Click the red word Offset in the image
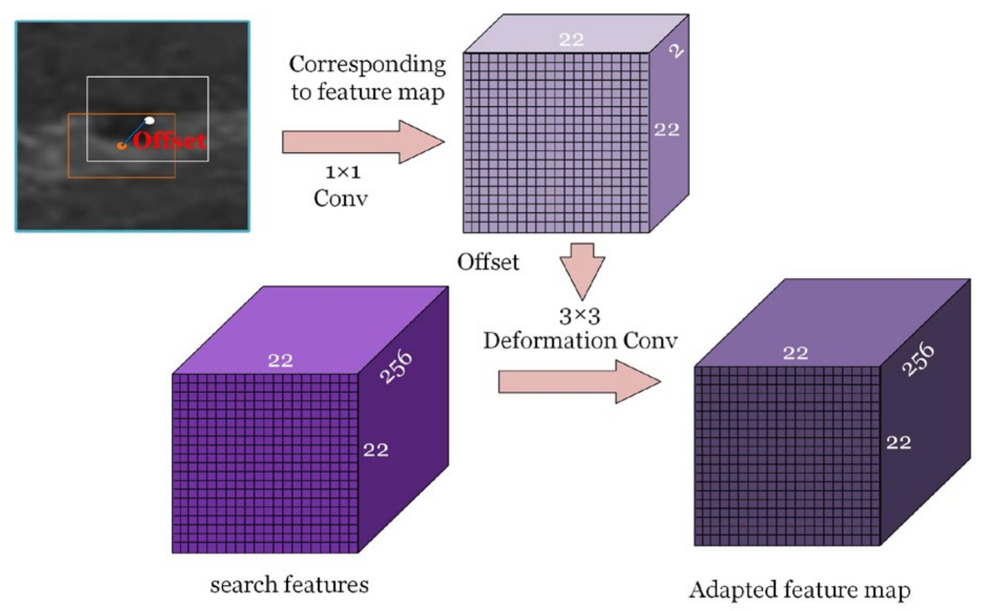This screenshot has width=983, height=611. point(169,140)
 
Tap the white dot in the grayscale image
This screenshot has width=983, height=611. point(149,120)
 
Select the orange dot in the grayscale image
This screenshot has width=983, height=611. point(121,146)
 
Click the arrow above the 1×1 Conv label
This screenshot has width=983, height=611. point(363,142)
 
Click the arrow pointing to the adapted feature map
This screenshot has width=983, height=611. point(579,382)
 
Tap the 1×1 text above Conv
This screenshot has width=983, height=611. point(343,172)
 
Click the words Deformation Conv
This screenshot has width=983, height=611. point(580,341)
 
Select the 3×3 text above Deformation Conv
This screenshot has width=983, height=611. point(579,316)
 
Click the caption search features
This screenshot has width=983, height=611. point(289,585)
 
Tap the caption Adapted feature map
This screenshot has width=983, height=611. point(800,589)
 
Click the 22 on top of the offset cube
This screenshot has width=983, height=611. point(571,39)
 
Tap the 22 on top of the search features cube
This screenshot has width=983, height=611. point(280,360)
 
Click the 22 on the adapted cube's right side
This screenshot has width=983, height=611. point(898,442)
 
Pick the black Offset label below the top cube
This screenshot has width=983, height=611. point(488,262)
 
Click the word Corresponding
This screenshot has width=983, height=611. point(367,65)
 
